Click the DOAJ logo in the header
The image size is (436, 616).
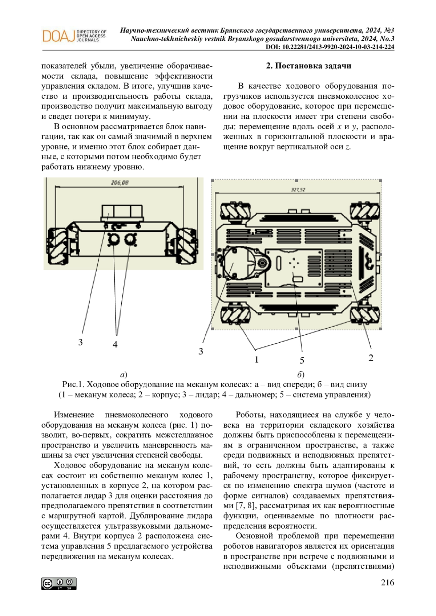(74, 36)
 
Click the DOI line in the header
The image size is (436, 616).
(330, 47)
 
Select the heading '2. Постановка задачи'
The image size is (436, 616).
(308, 66)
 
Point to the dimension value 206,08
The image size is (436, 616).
(120, 183)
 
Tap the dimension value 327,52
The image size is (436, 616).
(298, 189)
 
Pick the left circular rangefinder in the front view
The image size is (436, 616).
(114, 240)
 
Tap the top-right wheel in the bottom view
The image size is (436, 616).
(364, 212)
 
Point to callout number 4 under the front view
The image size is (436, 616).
(115, 344)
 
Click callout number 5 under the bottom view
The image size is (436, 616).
(302, 360)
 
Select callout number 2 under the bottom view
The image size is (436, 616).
(371, 358)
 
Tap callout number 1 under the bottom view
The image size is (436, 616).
(257, 359)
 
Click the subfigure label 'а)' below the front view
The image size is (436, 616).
(124, 374)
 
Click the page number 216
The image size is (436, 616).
(387, 583)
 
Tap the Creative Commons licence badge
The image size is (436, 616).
(59, 583)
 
